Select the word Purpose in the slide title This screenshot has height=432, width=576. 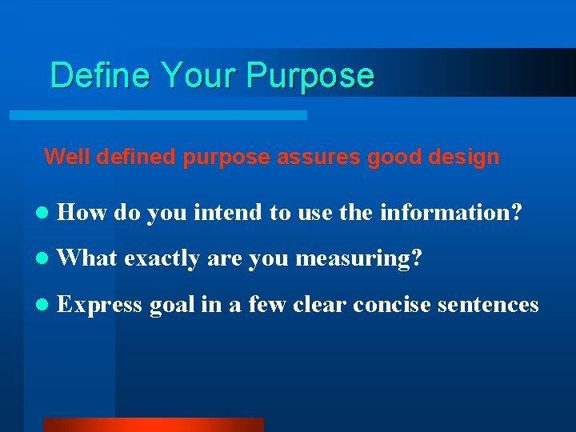pos(310,75)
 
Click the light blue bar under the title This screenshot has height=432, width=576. pos(158,115)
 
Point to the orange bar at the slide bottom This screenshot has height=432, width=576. pos(153,424)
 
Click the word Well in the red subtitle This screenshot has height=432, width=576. pos(63,157)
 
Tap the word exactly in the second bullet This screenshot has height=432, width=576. pos(163,258)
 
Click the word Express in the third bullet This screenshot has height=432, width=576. pos(101,305)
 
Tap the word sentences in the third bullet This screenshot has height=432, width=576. pos(492,305)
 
